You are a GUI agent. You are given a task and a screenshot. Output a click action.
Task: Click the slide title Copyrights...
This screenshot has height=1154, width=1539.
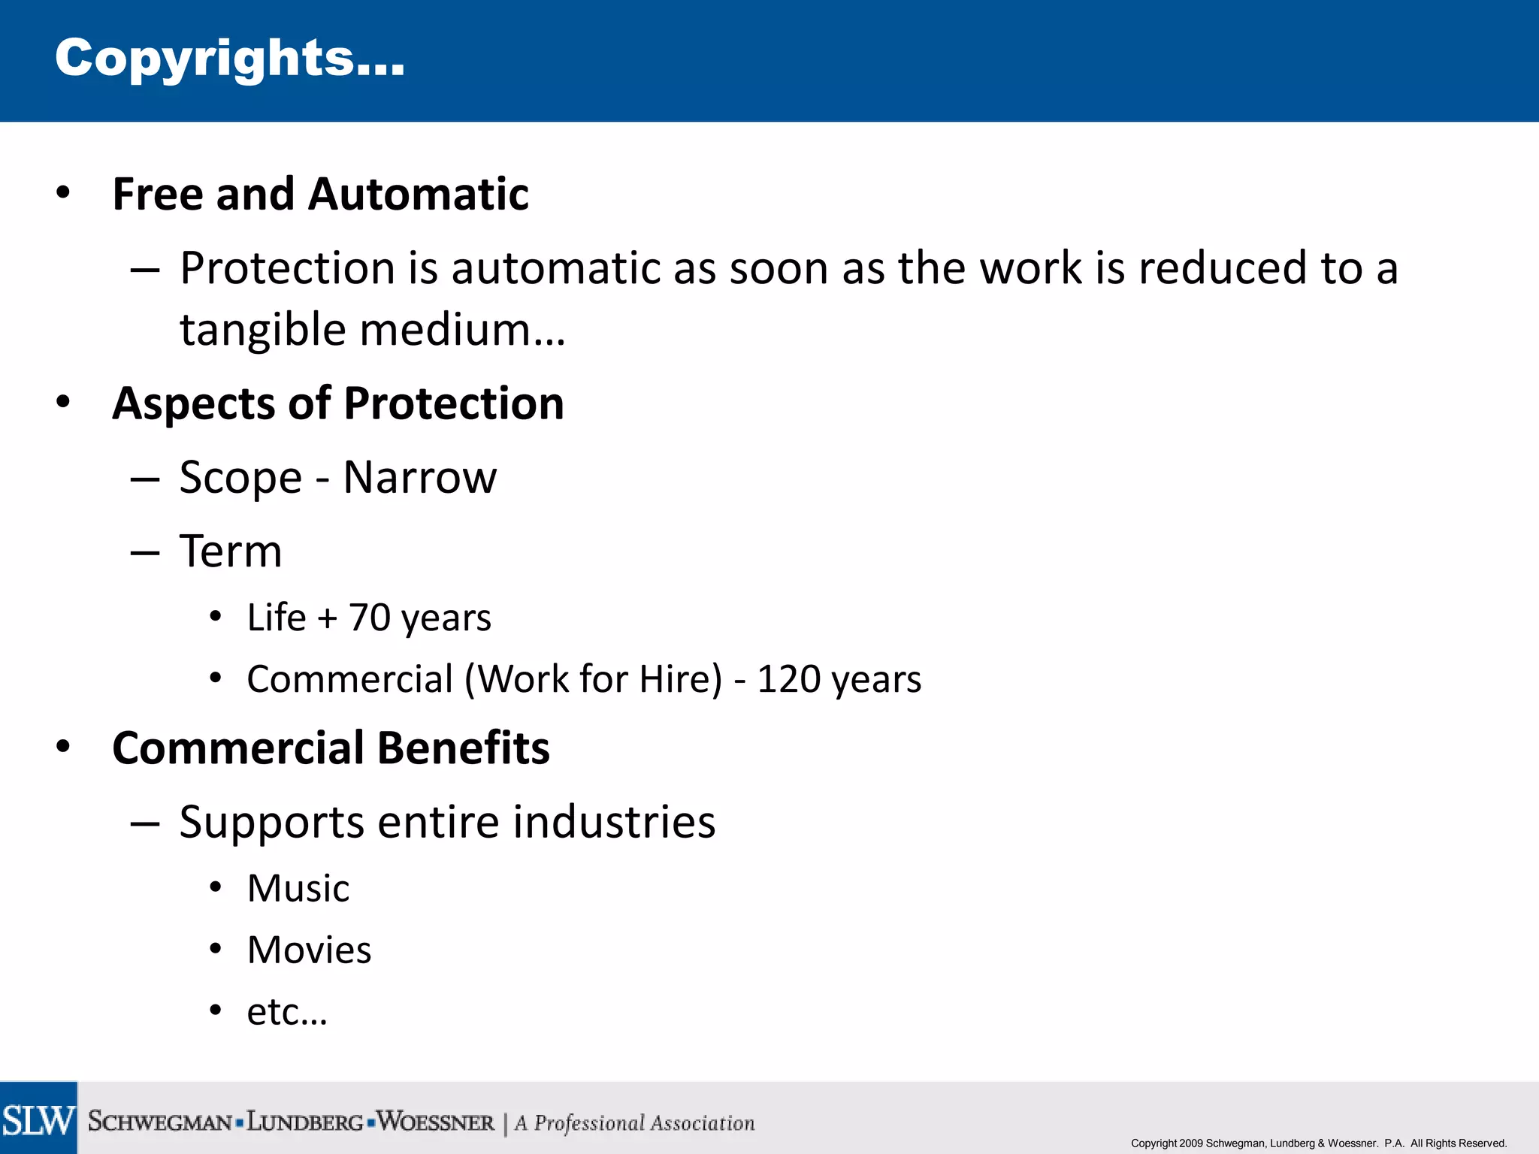pyautogui.click(x=229, y=59)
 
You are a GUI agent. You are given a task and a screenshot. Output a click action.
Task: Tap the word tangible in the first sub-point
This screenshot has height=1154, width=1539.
pyautogui.click(x=262, y=331)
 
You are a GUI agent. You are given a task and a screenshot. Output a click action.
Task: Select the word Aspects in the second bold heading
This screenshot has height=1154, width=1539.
pyautogui.click(x=194, y=404)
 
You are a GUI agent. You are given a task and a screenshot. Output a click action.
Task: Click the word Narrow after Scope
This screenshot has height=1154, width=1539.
pyautogui.click(x=419, y=477)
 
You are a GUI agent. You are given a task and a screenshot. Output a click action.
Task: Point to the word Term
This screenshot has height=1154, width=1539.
pyautogui.click(x=231, y=551)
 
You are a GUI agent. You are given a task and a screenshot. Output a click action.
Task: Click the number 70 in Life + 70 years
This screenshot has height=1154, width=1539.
pyautogui.click(x=369, y=618)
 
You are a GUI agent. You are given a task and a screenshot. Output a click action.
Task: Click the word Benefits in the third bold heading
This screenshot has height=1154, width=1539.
pyautogui.click(x=463, y=748)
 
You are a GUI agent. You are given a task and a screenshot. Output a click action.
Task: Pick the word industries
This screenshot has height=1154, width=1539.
pyautogui.click(x=613, y=822)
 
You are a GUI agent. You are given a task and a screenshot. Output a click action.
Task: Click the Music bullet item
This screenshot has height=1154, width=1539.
pyautogui.click(x=298, y=889)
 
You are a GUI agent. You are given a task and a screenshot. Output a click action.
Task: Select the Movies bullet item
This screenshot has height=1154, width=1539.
pyautogui.click(x=309, y=950)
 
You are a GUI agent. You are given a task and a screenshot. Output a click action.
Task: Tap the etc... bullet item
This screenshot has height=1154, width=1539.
pyautogui.click(x=287, y=1012)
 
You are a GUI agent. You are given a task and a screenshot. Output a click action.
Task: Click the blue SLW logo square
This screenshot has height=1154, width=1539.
pyautogui.click(x=38, y=1118)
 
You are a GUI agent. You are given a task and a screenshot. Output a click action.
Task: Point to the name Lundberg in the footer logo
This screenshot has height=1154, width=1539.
pyautogui.click(x=305, y=1122)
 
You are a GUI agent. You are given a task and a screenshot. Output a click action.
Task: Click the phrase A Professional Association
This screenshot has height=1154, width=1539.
pyautogui.click(x=634, y=1123)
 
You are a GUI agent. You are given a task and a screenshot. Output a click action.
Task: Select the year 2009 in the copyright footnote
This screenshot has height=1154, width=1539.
pyautogui.click(x=1191, y=1143)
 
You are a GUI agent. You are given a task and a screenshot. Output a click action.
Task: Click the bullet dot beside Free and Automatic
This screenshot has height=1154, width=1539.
pyautogui.click(x=63, y=193)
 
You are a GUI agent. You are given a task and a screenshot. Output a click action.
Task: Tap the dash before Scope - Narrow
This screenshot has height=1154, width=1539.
pyautogui.click(x=144, y=479)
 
